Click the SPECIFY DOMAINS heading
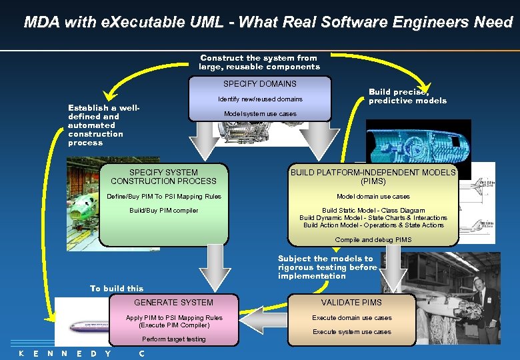click(x=260, y=84)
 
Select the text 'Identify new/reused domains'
click(x=260, y=99)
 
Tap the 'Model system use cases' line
click(x=260, y=114)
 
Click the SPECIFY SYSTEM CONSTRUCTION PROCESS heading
click(x=163, y=177)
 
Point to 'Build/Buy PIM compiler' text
click(x=163, y=211)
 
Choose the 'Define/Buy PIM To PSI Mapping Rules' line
click(x=164, y=197)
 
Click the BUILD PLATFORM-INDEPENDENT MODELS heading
click(x=373, y=177)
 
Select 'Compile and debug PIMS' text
click(x=373, y=240)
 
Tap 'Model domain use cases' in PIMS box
click(x=373, y=197)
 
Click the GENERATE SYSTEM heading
click(x=173, y=303)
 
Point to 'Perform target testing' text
click(x=173, y=339)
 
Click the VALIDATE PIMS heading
click(x=351, y=303)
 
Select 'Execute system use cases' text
click(x=351, y=332)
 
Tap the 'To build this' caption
click(x=117, y=289)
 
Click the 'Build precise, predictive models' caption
click(x=407, y=97)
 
